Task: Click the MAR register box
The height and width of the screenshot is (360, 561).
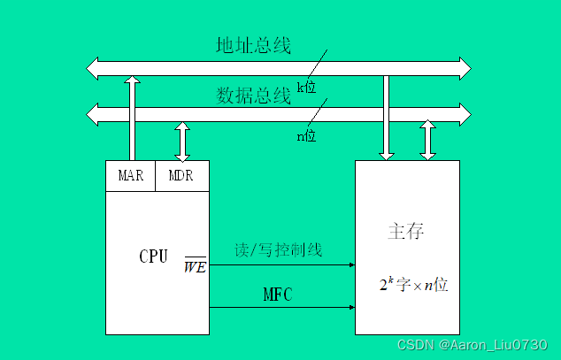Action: click(x=130, y=175)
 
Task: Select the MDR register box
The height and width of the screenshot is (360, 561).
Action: click(x=181, y=175)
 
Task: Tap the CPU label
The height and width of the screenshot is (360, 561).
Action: click(x=153, y=257)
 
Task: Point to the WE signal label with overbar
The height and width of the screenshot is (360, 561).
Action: click(x=195, y=265)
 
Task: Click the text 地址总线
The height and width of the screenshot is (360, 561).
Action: click(x=253, y=45)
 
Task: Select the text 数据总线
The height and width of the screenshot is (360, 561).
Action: click(x=253, y=95)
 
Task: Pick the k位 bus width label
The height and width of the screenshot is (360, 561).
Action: click(x=307, y=86)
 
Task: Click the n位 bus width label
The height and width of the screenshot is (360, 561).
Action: click(x=306, y=136)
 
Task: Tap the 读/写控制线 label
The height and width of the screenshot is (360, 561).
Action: click(x=279, y=250)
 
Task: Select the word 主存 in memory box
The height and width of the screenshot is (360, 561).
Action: click(x=406, y=232)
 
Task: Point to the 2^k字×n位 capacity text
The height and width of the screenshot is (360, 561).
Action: click(x=413, y=286)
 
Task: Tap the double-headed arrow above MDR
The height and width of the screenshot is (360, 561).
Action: click(x=182, y=141)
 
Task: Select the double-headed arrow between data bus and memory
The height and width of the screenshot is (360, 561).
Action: click(x=428, y=141)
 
